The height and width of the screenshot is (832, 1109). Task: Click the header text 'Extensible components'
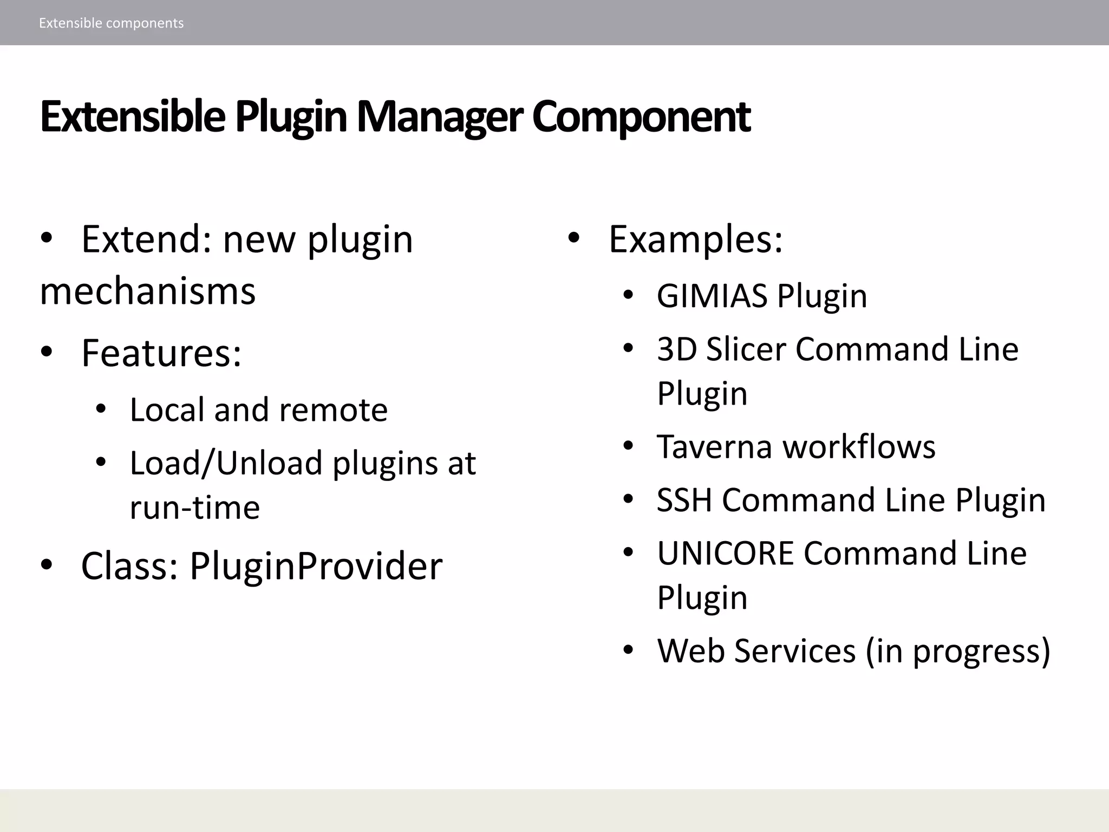point(111,23)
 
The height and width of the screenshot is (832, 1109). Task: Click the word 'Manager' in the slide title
point(439,117)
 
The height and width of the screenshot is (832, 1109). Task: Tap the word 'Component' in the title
point(641,117)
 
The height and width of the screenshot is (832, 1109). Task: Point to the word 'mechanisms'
point(148,291)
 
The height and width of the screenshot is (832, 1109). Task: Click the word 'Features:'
point(161,353)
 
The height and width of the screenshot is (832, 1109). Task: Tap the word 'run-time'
point(195,508)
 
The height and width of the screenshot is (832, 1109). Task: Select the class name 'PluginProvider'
point(316,566)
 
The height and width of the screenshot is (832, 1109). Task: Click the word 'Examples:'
point(696,239)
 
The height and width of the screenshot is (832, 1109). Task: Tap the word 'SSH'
point(684,499)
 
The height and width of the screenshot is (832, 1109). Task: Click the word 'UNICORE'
point(725,553)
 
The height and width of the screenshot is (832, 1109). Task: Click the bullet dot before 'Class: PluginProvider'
point(47,564)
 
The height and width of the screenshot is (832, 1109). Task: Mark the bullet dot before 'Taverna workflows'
point(628,446)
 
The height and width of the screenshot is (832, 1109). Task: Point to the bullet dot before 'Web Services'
point(628,649)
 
